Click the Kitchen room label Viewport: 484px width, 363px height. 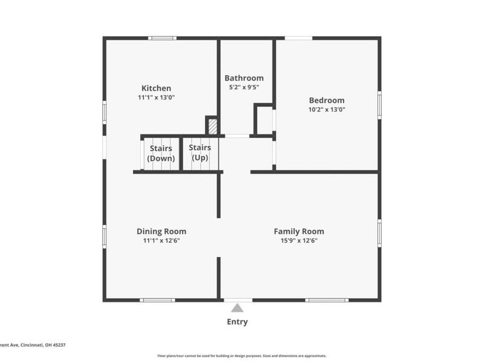[156, 88]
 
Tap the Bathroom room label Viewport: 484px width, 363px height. [244, 78]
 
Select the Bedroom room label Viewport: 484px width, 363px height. [327, 100]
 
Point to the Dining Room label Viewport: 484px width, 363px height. [161, 231]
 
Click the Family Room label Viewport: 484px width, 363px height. [299, 231]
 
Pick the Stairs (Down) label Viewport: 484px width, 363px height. [161, 153]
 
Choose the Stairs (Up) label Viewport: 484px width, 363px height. [200, 152]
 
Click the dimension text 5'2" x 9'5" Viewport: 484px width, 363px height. [244, 88]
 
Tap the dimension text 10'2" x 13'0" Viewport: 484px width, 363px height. [327, 110]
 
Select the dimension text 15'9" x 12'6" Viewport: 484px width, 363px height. [299, 241]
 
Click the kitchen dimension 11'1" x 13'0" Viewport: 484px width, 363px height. [156, 97]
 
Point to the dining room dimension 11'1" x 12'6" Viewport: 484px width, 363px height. [161, 241]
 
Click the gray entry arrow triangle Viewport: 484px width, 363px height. [237, 308]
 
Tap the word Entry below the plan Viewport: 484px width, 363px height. [237, 322]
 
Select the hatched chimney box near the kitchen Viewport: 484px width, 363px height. [212, 126]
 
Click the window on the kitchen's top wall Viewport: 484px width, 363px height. [163, 38]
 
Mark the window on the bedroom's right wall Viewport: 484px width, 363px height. [379, 103]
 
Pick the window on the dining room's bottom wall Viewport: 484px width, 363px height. [157, 300]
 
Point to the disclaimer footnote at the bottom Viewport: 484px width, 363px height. [242, 356]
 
